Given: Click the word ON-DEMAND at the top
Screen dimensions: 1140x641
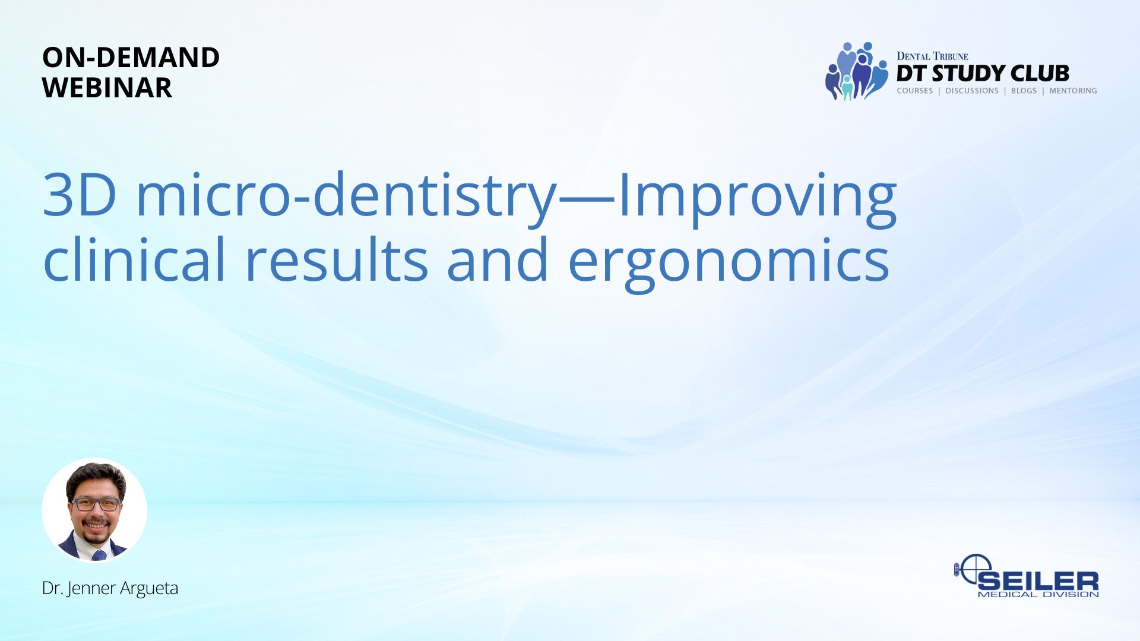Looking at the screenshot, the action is coord(131,58).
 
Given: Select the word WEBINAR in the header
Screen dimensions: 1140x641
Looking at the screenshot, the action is coord(107,88).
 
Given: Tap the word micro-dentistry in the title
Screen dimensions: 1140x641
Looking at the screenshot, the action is coord(347,196).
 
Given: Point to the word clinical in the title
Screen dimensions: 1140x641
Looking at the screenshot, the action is coord(134,259).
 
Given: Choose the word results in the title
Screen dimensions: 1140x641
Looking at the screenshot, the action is coord(336,259).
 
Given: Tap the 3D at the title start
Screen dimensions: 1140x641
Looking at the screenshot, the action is coord(80,194).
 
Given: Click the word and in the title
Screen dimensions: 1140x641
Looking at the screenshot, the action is coord(498,259).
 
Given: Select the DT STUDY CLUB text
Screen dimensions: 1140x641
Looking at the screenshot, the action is coord(983,73).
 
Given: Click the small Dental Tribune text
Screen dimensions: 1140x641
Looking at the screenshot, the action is coord(932,56).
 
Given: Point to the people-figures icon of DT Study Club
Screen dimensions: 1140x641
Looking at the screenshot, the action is coord(857,71).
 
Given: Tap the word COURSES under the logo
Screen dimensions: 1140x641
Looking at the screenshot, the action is coord(915,91).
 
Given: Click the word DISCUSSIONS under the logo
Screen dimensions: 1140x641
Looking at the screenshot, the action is coord(972,91).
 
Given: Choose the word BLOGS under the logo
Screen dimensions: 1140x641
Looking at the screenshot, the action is coord(1024,91).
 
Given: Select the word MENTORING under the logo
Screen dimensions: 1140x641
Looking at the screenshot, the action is coord(1073,91).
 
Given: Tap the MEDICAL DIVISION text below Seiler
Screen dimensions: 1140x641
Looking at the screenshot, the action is coord(1038,594).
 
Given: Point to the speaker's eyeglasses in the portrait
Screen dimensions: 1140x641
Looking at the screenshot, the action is coord(96,504).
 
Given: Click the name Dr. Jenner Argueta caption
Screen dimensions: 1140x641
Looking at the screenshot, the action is coord(110,588).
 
